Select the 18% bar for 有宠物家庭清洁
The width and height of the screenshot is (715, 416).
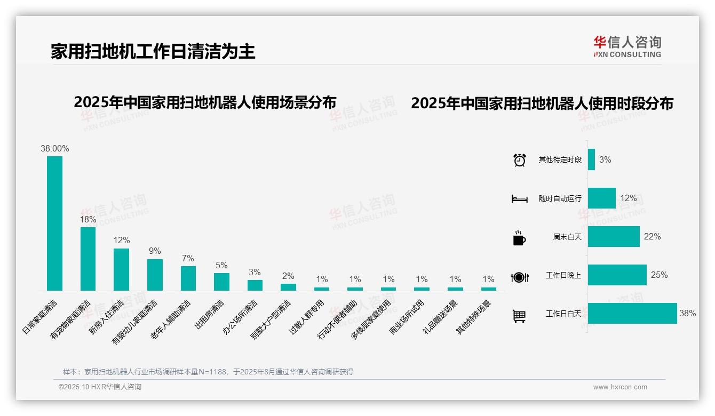click(x=88, y=259)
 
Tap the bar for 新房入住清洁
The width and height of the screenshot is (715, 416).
click(x=121, y=269)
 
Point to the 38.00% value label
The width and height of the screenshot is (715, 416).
click(x=54, y=149)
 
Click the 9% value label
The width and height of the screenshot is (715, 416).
click(x=155, y=251)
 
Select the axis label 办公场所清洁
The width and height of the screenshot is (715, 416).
click(x=240, y=317)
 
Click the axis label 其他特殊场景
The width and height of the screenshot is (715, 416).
click(x=473, y=317)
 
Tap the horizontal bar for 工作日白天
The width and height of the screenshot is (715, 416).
click(x=632, y=314)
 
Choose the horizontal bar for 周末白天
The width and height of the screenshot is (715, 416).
click(x=613, y=236)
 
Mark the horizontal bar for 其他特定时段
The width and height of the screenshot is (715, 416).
click(x=591, y=159)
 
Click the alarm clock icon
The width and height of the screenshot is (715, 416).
click(x=519, y=159)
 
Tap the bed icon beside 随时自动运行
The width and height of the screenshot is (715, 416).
click(x=519, y=199)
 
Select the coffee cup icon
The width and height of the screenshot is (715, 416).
click(x=519, y=238)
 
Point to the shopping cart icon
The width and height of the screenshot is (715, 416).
click(x=519, y=316)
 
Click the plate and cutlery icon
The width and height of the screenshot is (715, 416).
click(x=519, y=277)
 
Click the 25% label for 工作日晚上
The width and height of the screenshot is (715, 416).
click(x=659, y=275)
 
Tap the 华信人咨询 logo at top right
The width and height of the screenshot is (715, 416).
click(x=627, y=46)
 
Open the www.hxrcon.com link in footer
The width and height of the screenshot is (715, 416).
click(x=619, y=387)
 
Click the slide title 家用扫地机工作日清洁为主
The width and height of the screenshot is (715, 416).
click(x=153, y=51)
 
